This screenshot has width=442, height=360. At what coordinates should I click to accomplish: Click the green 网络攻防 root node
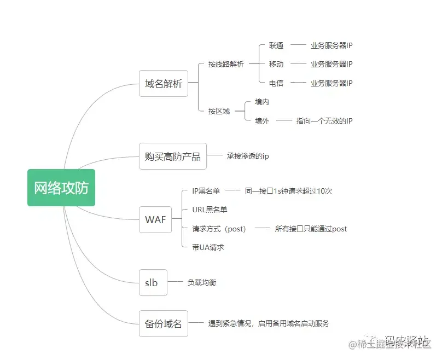click(x=61, y=187)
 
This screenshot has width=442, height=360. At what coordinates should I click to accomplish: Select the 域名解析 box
click(x=164, y=84)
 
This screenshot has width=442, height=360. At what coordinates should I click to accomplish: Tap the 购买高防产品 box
click(x=172, y=156)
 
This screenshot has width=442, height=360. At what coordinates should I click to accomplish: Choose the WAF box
click(x=155, y=219)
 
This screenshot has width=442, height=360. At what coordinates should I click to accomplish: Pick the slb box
click(x=151, y=282)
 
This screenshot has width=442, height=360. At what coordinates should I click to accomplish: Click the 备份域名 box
click(x=164, y=323)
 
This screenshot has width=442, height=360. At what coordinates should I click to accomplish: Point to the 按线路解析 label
click(x=226, y=64)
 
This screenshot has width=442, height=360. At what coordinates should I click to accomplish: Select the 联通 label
click(x=276, y=46)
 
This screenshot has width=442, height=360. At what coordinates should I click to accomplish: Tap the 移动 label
click(x=276, y=64)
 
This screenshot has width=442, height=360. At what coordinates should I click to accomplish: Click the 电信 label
click(x=276, y=83)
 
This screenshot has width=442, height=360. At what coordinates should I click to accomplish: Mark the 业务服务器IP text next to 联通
click(x=331, y=46)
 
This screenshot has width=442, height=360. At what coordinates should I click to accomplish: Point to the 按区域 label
click(x=219, y=111)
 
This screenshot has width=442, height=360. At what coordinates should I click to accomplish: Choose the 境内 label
click(x=262, y=102)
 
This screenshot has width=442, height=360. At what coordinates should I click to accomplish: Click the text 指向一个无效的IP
click(x=324, y=120)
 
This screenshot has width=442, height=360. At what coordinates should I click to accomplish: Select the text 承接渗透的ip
click(x=248, y=156)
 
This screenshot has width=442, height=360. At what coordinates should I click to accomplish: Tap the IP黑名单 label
click(x=206, y=191)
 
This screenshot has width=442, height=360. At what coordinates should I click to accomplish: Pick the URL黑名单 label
click(x=210, y=210)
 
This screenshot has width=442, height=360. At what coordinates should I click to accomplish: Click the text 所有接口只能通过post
click(x=311, y=229)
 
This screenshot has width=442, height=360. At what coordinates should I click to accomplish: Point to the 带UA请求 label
click(x=208, y=247)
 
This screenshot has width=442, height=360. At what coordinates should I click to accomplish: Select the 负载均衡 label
click(x=202, y=282)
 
